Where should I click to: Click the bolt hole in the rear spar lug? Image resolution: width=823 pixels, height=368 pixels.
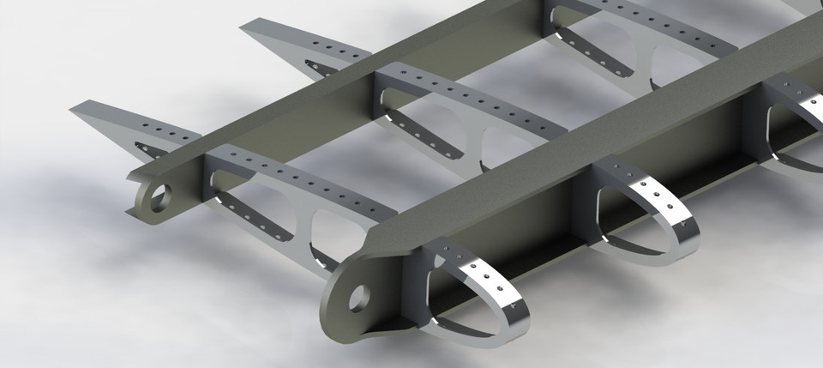coord(159,202)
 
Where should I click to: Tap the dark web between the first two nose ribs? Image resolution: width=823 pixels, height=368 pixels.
coord(549,249)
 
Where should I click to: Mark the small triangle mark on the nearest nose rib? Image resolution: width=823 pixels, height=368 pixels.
coord(512,305)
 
